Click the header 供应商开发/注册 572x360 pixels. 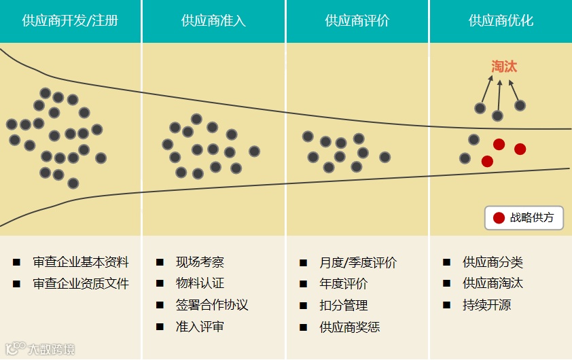pyautogui.click(x=70, y=20)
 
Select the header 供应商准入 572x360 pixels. pyautogui.click(x=213, y=20)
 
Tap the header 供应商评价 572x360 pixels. pyautogui.click(x=357, y=20)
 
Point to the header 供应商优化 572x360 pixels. pyautogui.click(x=501, y=20)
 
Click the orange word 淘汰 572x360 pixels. pyautogui.click(x=504, y=67)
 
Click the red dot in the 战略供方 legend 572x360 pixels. pyautogui.click(x=499, y=218)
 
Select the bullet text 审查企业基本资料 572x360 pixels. pyautogui.click(x=81, y=262)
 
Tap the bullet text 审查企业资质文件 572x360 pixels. pyautogui.click(x=81, y=283)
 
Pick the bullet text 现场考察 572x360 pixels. pyautogui.click(x=200, y=262)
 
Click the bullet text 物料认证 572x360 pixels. pyautogui.click(x=200, y=283)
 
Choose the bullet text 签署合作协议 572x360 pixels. pyautogui.click(x=212, y=305)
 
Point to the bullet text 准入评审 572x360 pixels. pyautogui.click(x=200, y=327)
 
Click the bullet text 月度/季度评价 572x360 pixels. pyautogui.click(x=358, y=263)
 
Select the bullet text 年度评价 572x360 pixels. pyautogui.click(x=343, y=284)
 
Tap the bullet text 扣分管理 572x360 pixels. pyautogui.click(x=343, y=306)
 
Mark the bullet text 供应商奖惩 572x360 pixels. pyautogui.click(x=350, y=327)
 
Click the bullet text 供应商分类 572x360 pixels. pyautogui.click(x=493, y=262)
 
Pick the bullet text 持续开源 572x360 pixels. pyautogui.click(x=486, y=305)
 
